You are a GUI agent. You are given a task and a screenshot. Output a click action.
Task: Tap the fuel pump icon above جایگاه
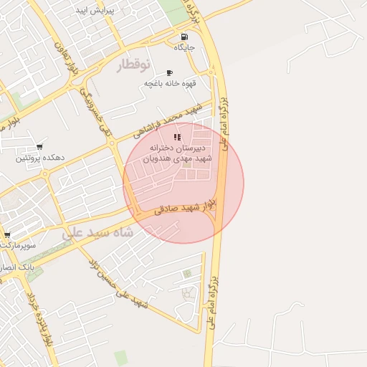(185, 37)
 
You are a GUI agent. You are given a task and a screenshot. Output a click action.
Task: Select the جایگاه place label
(185, 47)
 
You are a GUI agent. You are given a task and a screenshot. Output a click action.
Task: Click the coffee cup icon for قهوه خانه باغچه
(169, 72)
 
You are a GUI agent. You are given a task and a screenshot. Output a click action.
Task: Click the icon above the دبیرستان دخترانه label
(177, 137)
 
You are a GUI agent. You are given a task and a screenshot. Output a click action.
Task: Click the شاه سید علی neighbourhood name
(98, 233)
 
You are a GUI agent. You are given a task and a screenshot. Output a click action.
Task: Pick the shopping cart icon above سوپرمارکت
(6, 234)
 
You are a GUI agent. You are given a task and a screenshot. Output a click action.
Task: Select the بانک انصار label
(22, 266)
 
